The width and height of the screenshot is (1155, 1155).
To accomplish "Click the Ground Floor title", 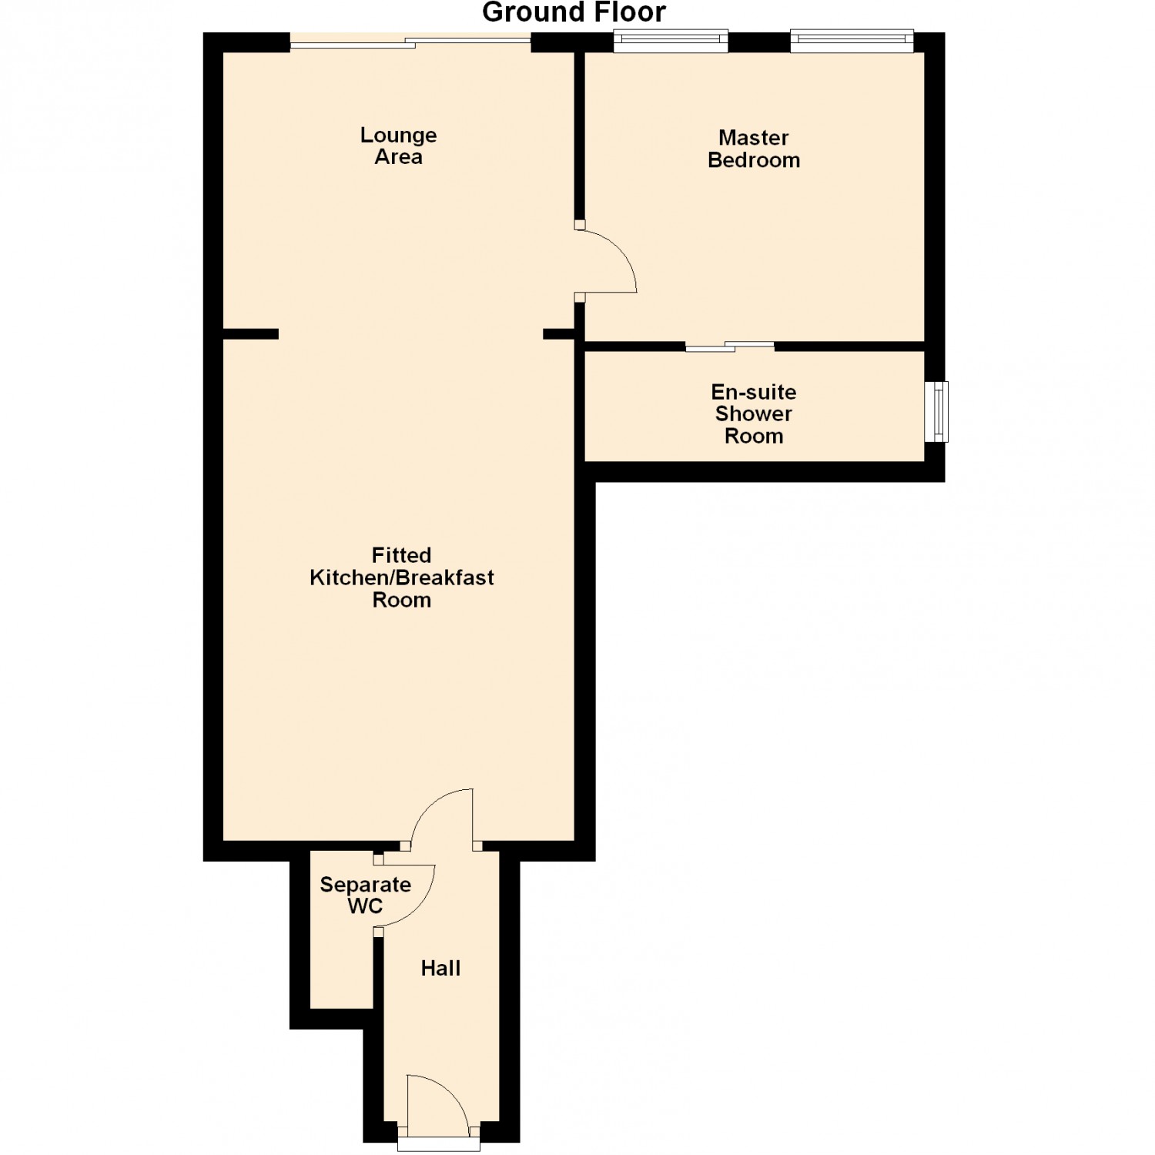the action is pyautogui.click(x=574, y=12).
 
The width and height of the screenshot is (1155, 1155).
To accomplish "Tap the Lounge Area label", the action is pyautogui.click(x=398, y=146).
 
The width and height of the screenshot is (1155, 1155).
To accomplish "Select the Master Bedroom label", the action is pyautogui.click(x=754, y=149).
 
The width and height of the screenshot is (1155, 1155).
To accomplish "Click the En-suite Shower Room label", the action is pyautogui.click(x=754, y=414).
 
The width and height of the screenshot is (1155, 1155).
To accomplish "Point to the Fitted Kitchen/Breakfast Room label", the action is pyautogui.click(x=401, y=577).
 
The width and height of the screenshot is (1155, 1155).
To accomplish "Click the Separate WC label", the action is pyautogui.click(x=365, y=896).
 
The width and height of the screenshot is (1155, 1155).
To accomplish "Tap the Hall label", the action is pyautogui.click(x=440, y=968).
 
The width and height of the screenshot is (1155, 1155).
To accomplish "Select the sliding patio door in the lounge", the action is pyautogui.click(x=410, y=42).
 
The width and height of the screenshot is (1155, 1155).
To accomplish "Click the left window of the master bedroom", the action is pyautogui.click(x=671, y=41).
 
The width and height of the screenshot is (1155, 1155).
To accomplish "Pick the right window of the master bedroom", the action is pyautogui.click(x=852, y=41).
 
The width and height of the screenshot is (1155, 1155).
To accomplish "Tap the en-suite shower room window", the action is pyautogui.click(x=937, y=412).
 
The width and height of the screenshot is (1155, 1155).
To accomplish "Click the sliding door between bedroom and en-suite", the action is pyautogui.click(x=730, y=346).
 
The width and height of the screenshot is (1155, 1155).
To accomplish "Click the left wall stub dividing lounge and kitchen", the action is pyautogui.click(x=251, y=334).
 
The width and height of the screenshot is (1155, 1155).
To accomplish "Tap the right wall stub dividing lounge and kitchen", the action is pyautogui.click(x=559, y=334).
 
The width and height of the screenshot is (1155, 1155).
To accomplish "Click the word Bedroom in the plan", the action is pyautogui.click(x=754, y=160).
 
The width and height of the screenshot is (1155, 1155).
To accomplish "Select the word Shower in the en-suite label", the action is pyautogui.click(x=754, y=413).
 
